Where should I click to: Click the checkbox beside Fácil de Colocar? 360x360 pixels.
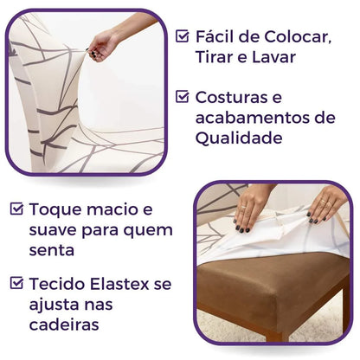[x=183, y=36]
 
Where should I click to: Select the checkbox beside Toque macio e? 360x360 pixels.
[x=17, y=209]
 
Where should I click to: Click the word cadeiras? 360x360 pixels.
[x=65, y=325]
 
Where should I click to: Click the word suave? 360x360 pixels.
[x=53, y=230]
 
